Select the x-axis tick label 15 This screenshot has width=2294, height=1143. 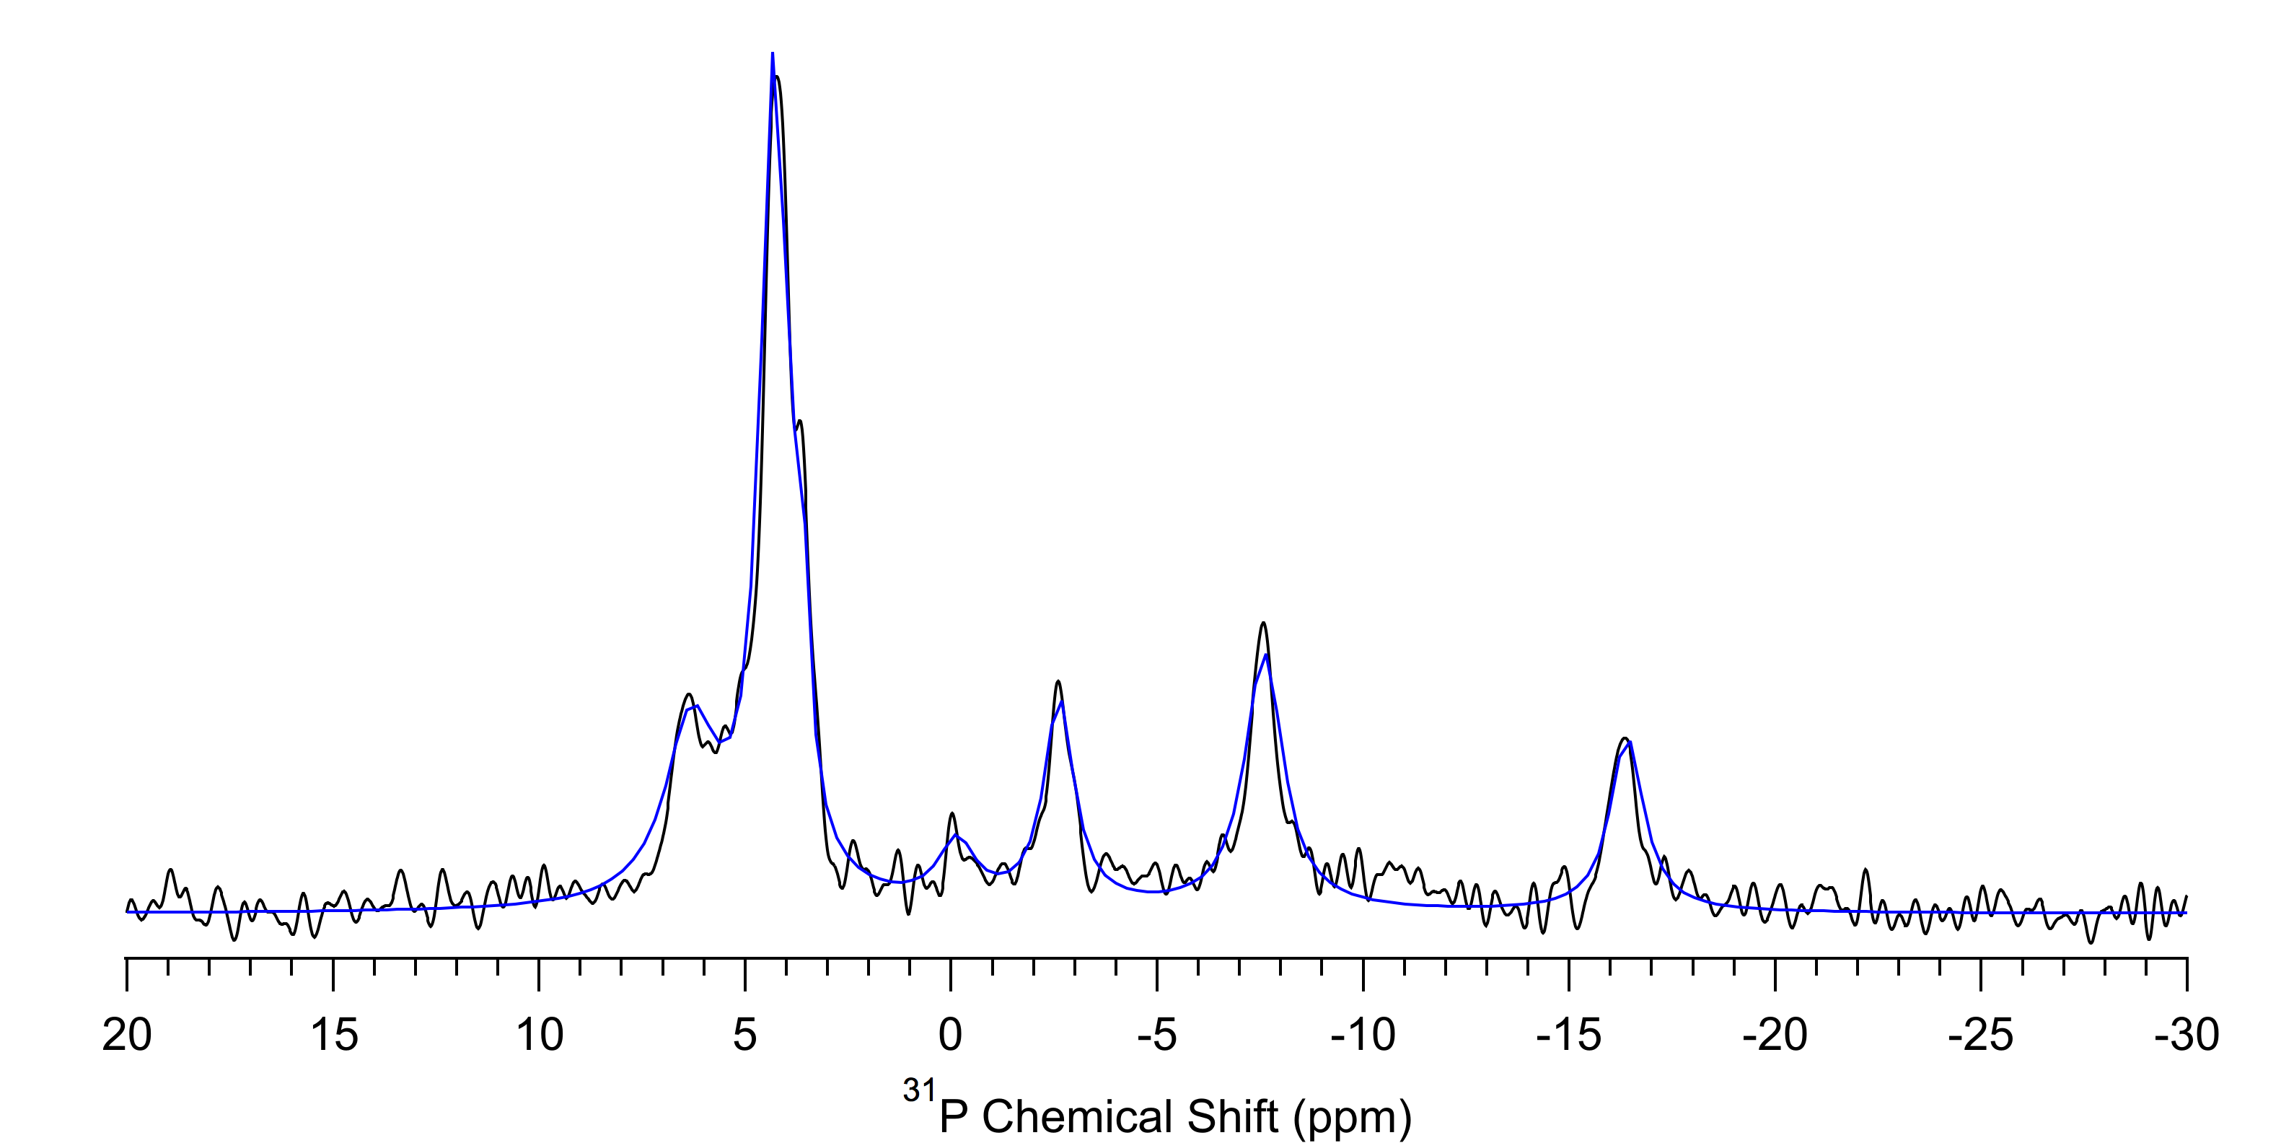[x=334, y=1035]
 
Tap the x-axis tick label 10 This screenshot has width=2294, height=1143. [x=539, y=1035]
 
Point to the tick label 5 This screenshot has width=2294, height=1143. [x=744, y=1035]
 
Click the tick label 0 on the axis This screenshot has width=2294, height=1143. [x=951, y=1035]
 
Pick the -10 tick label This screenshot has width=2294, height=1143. [x=1363, y=1035]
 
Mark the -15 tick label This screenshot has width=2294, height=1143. [x=1568, y=1035]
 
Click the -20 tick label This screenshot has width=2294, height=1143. [x=1775, y=1035]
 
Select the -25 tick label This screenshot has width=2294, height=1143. [x=1980, y=1035]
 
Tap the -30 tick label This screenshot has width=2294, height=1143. [x=2187, y=1035]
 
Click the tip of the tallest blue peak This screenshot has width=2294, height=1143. [x=772, y=54]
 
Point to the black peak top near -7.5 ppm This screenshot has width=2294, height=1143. [x=1262, y=623]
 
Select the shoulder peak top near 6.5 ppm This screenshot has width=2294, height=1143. [x=688, y=694]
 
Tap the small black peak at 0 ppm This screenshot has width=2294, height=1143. [x=952, y=813]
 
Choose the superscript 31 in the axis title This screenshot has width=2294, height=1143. [x=918, y=1091]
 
